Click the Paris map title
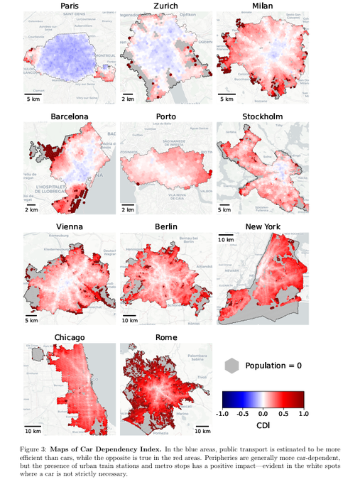(69, 6)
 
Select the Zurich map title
(166, 6)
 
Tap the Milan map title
(262, 6)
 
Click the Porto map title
(166, 116)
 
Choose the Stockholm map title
(262, 116)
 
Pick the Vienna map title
(69, 227)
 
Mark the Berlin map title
(166, 227)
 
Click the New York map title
(262, 227)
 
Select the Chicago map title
(69, 337)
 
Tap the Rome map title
(166, 337)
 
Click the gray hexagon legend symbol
(231, 366)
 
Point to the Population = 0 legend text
(273, 366)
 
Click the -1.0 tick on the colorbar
(222, 413)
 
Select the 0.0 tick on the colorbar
(263, 413)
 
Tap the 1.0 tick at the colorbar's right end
(304, 413)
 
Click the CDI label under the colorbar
(263, 426)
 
